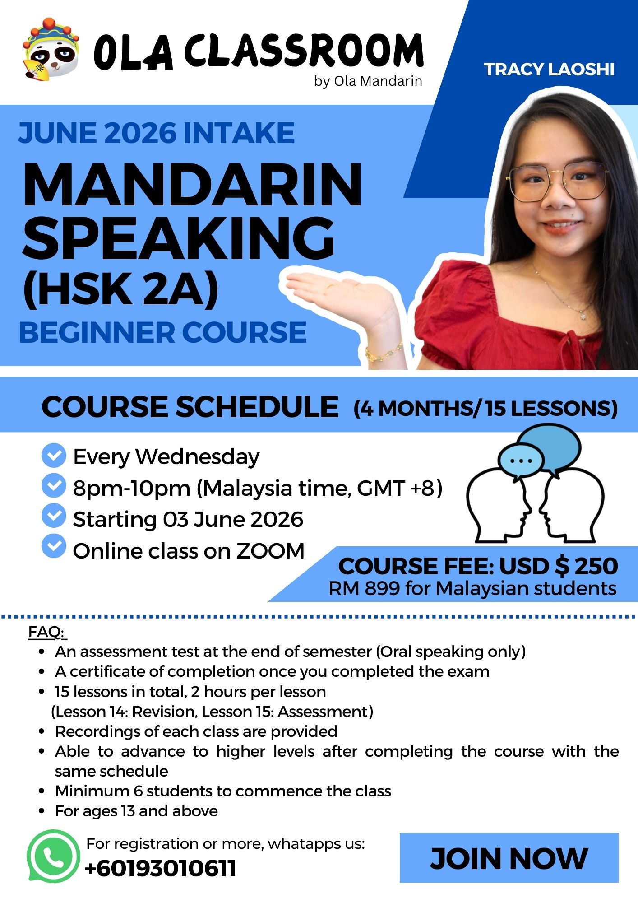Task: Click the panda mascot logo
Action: point(51,48)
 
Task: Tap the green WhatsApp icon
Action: point(53,856)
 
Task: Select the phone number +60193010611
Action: point(160,868)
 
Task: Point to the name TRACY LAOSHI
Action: point(549,70)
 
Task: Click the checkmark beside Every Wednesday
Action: point(54,456)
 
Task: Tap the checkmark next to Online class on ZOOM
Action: point(54,546)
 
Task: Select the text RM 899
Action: point(364,588)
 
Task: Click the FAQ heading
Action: point(47,632)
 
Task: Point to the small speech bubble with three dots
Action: point(521,461)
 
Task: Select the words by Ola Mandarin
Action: point(368,81)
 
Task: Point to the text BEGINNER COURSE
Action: point(163,332)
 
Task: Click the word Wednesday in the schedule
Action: point(198,456)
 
